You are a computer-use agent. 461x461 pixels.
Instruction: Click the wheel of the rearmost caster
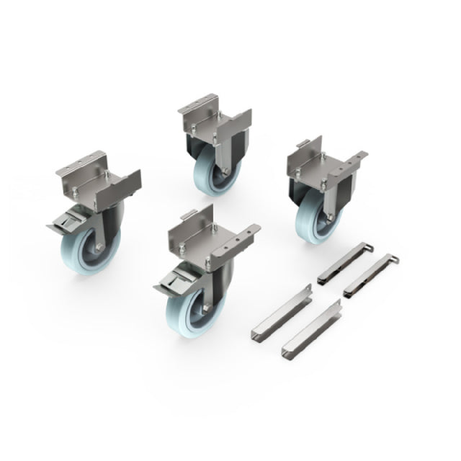(x=209, y=173)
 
